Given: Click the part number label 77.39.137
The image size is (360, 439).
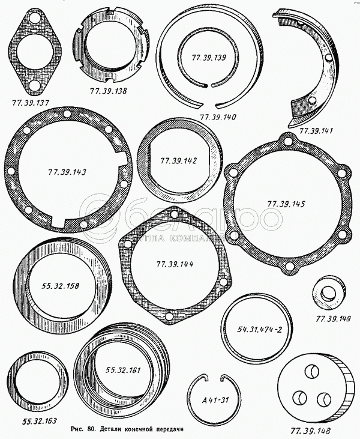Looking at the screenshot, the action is tap(31, 103).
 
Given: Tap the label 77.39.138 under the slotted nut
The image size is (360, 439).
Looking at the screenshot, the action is tap(108, 91).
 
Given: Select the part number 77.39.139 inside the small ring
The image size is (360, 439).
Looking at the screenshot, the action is tap(209, 58).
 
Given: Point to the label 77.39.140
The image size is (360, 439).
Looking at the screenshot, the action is tap(218, 117).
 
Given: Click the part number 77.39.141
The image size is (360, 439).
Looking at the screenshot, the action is tap(316, 131).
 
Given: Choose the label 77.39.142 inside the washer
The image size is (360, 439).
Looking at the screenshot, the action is tap(178, 161).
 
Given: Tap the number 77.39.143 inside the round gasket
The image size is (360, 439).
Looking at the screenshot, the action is tap(67, 172).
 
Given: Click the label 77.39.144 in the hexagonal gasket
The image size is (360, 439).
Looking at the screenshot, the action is tap(175, 264).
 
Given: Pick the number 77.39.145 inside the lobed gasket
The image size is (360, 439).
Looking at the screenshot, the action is tap(286, 204).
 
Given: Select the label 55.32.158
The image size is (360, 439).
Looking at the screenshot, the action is tap(61, 286).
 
